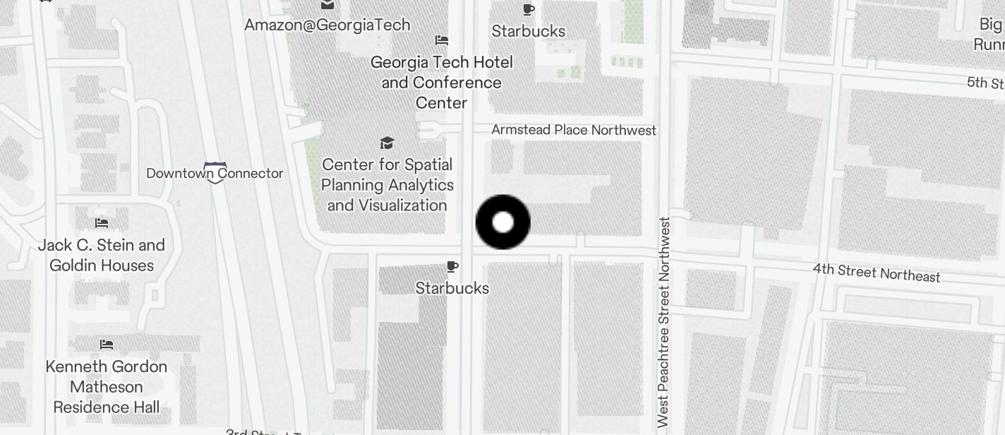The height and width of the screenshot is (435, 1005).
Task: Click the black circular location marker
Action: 502,222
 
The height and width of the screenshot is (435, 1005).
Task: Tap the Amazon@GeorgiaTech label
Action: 327,25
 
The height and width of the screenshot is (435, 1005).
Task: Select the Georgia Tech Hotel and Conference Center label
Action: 441,83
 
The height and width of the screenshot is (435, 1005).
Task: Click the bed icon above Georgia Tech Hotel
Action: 442,40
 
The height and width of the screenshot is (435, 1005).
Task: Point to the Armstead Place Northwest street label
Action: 573,131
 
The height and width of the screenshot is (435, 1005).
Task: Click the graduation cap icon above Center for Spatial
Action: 387,143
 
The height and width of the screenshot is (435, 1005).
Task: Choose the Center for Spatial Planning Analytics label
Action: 387,185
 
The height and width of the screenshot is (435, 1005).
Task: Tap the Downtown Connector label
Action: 215,173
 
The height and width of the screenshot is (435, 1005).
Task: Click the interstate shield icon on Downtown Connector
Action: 215,173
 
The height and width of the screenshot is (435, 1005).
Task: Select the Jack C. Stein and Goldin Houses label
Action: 102,255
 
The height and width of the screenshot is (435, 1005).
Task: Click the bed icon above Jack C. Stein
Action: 102,223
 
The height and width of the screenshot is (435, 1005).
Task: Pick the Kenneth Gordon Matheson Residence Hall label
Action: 107,387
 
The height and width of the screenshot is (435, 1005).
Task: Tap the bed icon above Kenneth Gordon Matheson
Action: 107,345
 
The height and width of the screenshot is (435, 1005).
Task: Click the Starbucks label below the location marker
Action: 452,288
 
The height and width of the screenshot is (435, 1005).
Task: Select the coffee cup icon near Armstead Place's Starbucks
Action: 528,10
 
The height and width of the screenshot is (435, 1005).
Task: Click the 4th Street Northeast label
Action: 876,273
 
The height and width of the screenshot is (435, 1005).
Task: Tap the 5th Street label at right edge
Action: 985,83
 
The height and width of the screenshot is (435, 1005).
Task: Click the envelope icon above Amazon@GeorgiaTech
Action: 327,5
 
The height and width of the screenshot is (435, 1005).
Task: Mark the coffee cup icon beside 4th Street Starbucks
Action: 452,267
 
